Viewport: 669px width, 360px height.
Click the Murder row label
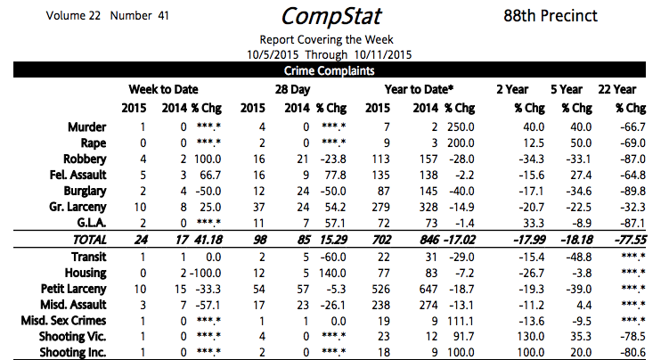[x=87, y=127]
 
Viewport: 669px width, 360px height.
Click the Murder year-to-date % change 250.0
[x=461, y=127]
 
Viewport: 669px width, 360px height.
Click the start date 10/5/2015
[x=267, y=53]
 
